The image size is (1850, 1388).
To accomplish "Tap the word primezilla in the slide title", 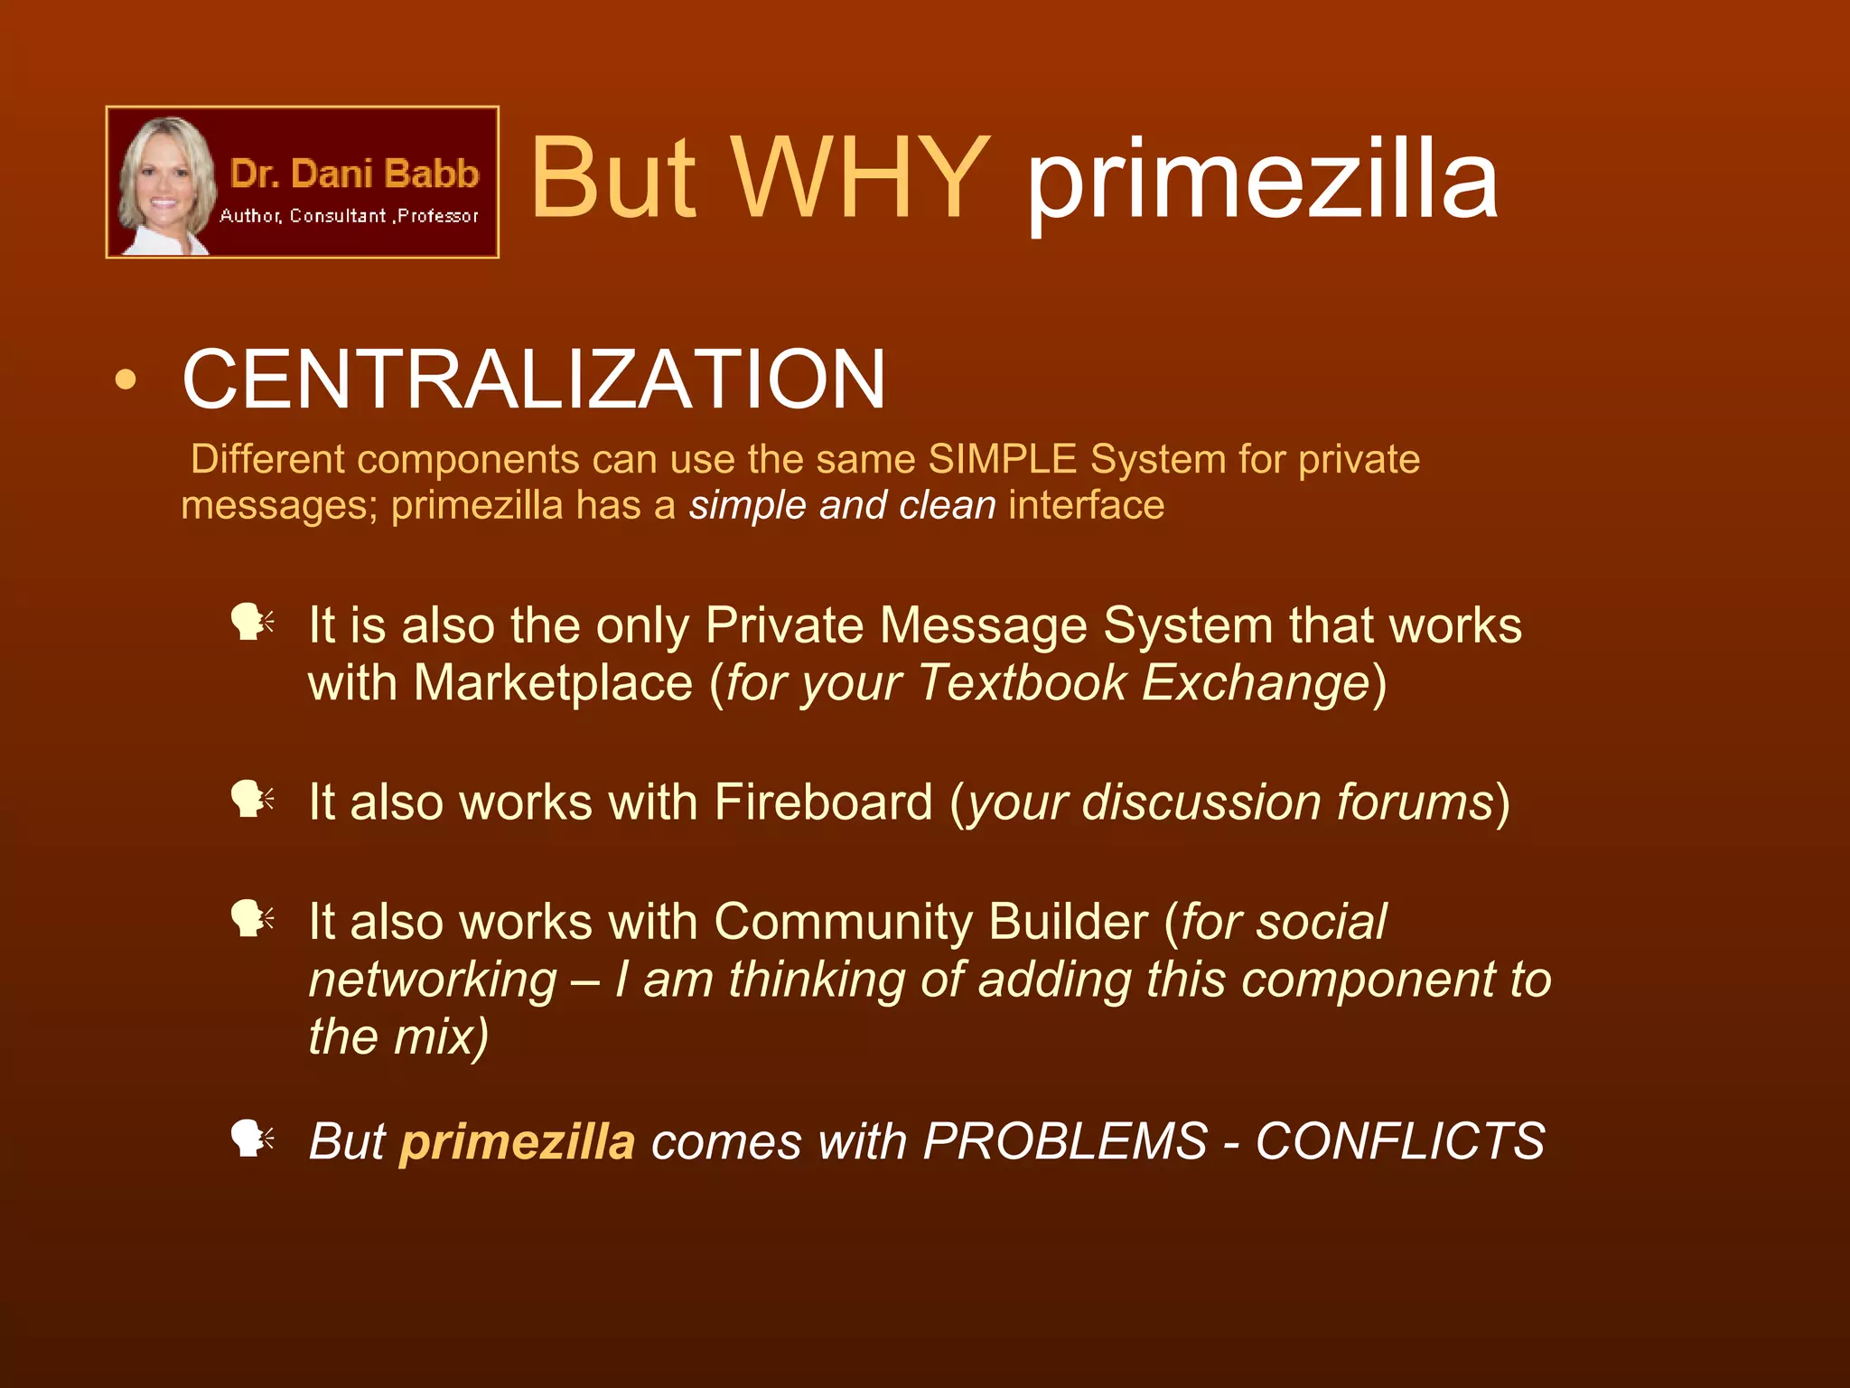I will (1263, 181).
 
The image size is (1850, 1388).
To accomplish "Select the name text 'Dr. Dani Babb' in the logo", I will (354, 173).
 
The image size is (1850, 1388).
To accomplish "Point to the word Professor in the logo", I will (438, 216).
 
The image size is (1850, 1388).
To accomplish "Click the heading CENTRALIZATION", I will (534, 380).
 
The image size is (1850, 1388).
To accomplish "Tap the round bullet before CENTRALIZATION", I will (126, 380).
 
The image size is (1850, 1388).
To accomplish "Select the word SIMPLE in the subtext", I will (1003, 459).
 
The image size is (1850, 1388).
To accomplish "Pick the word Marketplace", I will (553, 682).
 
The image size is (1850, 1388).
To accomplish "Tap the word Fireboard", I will (823, 802).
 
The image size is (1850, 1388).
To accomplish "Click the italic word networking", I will (433, 980).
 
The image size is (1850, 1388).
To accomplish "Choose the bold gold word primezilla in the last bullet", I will (518, 1141).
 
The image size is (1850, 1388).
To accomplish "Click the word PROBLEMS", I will (1065, 1141).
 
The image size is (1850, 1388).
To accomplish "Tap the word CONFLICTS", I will (1400, 1141).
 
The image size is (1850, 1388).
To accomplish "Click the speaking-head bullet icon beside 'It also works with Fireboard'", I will (251, 800).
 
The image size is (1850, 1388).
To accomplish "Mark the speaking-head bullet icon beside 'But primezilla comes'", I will (251, 1139).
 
